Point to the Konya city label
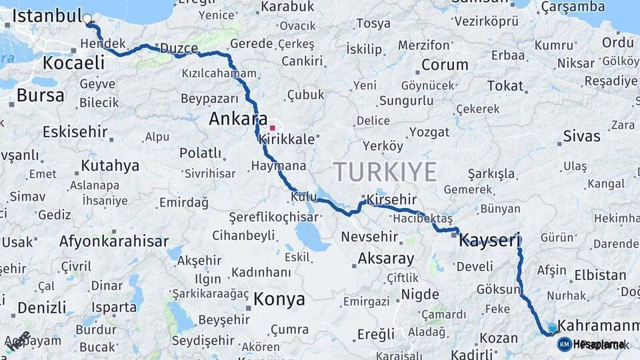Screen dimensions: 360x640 [279, 299]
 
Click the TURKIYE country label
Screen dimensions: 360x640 [385, 172]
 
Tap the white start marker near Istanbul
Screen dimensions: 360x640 [88, 19]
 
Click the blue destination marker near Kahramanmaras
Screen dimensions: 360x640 [552, 328]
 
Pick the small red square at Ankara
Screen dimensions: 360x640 [272, 127]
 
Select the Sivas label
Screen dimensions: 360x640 [581, 136]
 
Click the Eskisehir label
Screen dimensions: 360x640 [75, 131]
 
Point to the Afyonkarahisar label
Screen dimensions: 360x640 [113, 241]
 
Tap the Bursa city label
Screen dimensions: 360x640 [40, 95]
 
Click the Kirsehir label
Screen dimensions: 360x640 [392, 199]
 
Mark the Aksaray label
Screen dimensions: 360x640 [385, 259]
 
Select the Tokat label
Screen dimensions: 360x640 [505, 85]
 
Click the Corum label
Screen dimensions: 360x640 [445, 65]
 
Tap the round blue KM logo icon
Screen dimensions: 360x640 [564, 344]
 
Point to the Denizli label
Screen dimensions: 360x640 [41, 307]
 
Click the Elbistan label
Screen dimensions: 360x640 [599, 274]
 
